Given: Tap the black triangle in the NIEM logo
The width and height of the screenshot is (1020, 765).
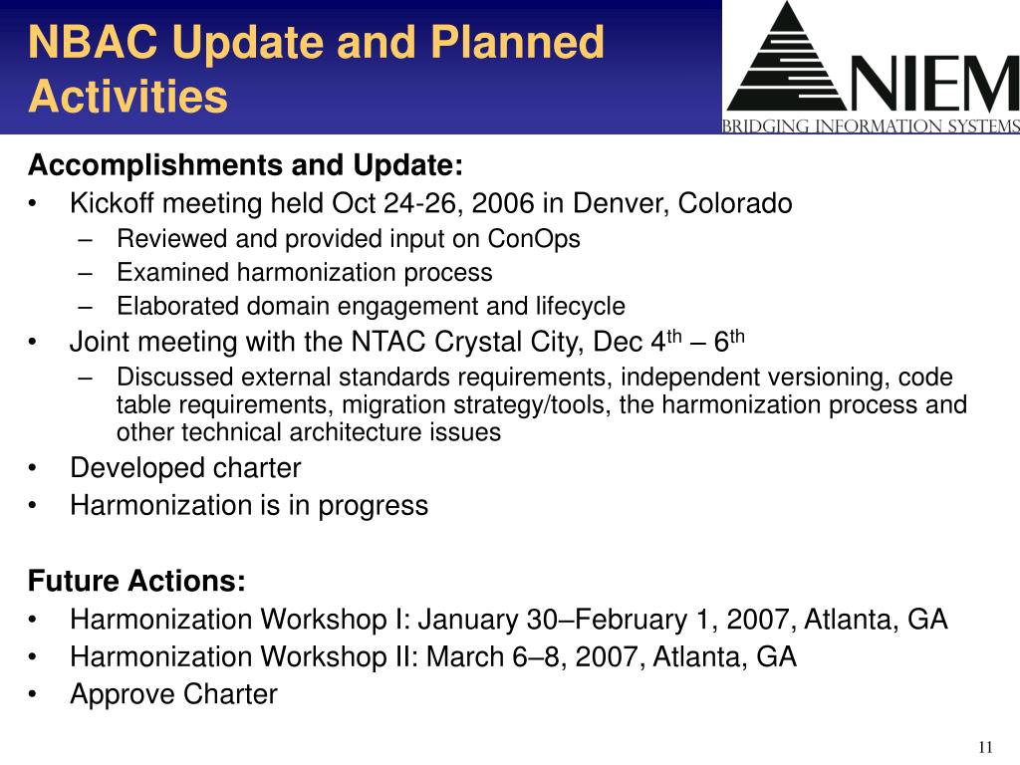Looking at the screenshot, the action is tap(788, 62).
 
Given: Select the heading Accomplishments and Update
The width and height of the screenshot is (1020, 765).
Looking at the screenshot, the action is tap(245, 164).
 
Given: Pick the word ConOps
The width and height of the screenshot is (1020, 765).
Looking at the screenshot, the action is tap(534, 239).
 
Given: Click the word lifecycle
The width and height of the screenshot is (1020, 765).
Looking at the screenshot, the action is tap(580, 307).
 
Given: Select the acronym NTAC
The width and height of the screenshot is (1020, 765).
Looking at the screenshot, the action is tap(387, 343).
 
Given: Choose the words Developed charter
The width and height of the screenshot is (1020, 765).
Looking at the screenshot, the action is tap(185, 468).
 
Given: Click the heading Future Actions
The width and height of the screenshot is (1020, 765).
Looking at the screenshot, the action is tap(136, 581).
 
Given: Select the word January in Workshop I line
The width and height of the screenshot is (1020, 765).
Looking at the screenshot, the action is tap(467, 620).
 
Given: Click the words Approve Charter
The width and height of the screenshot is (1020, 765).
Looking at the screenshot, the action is tap(173, 694).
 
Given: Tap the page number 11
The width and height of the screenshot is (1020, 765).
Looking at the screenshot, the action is tap(985, 747).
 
